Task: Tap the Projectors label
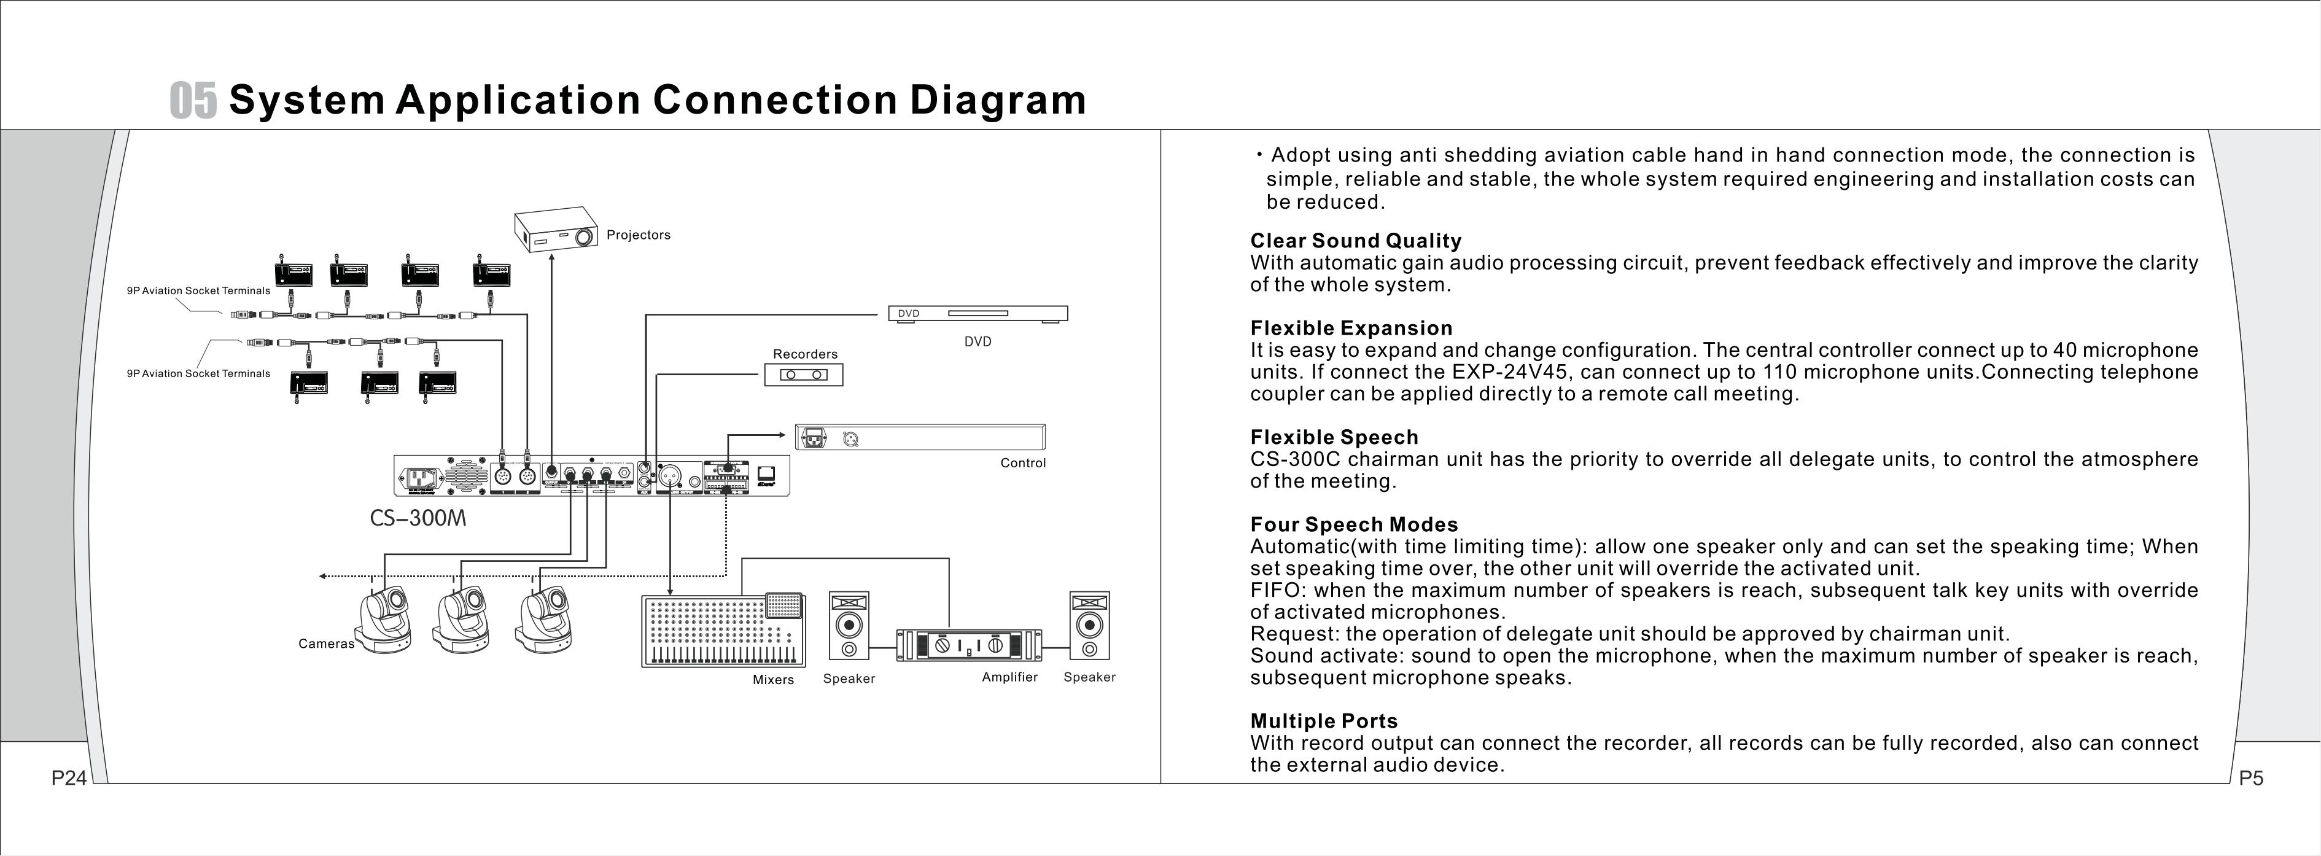pos(638,235)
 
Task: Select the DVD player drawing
pos(978,314)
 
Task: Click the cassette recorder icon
pos(804,374)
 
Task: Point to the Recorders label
pos(804,354)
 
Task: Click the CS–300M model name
pos(418,518)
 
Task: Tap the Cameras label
pos(326,644)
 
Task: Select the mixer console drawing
pos(723,631)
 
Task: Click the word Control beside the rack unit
pos(1022,463)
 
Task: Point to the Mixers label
pos(773,679)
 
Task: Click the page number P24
pos(69,777)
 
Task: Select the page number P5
pos(2251,777)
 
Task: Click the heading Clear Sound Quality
pos(1355,241)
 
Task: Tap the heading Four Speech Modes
pos(1353,524)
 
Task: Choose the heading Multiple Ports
pos(1324,721)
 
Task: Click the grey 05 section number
pos(193,100)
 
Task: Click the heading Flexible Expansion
pos(1351,328)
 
